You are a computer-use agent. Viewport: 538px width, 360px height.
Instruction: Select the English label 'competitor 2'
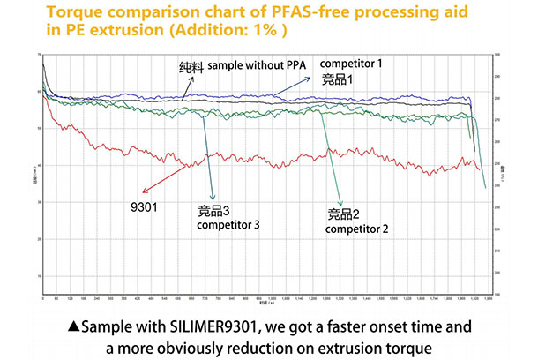tap(357, 229)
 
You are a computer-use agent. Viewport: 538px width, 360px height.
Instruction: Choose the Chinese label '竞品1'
tap(337, 79)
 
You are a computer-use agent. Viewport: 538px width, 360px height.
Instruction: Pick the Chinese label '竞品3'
tap(215, 212)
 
